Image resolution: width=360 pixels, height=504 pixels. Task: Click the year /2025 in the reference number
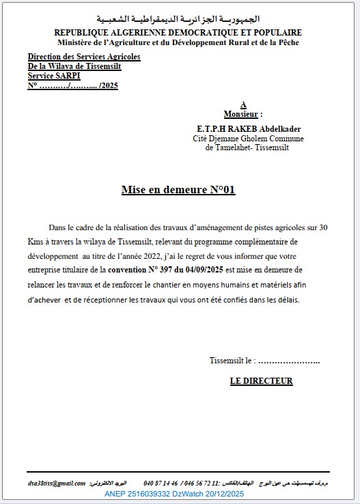[109, 87]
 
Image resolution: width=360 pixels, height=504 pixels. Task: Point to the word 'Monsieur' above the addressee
[240, 114]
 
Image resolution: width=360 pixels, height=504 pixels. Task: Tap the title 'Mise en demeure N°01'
[178, 190]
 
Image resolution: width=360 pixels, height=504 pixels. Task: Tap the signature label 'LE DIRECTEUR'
[261, 381]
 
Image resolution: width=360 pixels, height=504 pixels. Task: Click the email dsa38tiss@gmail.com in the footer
[57, 483]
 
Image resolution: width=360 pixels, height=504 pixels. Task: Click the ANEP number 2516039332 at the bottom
[152, 493]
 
